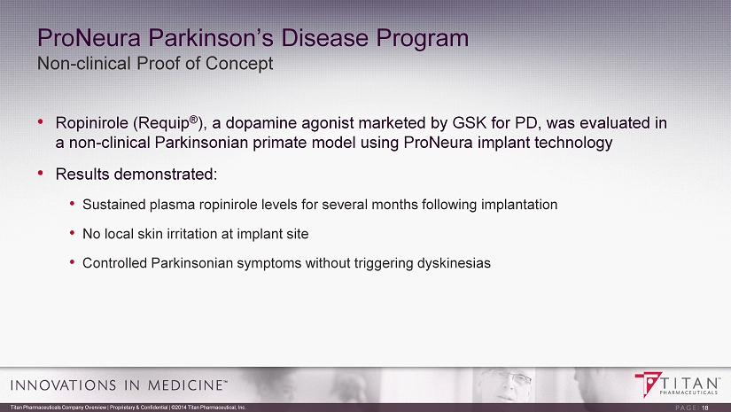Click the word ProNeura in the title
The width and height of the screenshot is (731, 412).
point(89,38)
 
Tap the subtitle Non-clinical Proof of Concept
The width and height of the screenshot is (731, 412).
point(155,64)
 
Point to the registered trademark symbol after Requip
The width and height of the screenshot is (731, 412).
point(193,120)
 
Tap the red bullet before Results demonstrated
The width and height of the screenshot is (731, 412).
point(41,173)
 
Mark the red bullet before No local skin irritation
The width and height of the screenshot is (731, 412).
point(73,232)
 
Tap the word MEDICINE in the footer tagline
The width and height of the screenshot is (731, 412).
point(185,385)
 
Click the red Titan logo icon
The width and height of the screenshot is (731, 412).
point(648,384)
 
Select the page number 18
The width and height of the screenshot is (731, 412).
point(705,408)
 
